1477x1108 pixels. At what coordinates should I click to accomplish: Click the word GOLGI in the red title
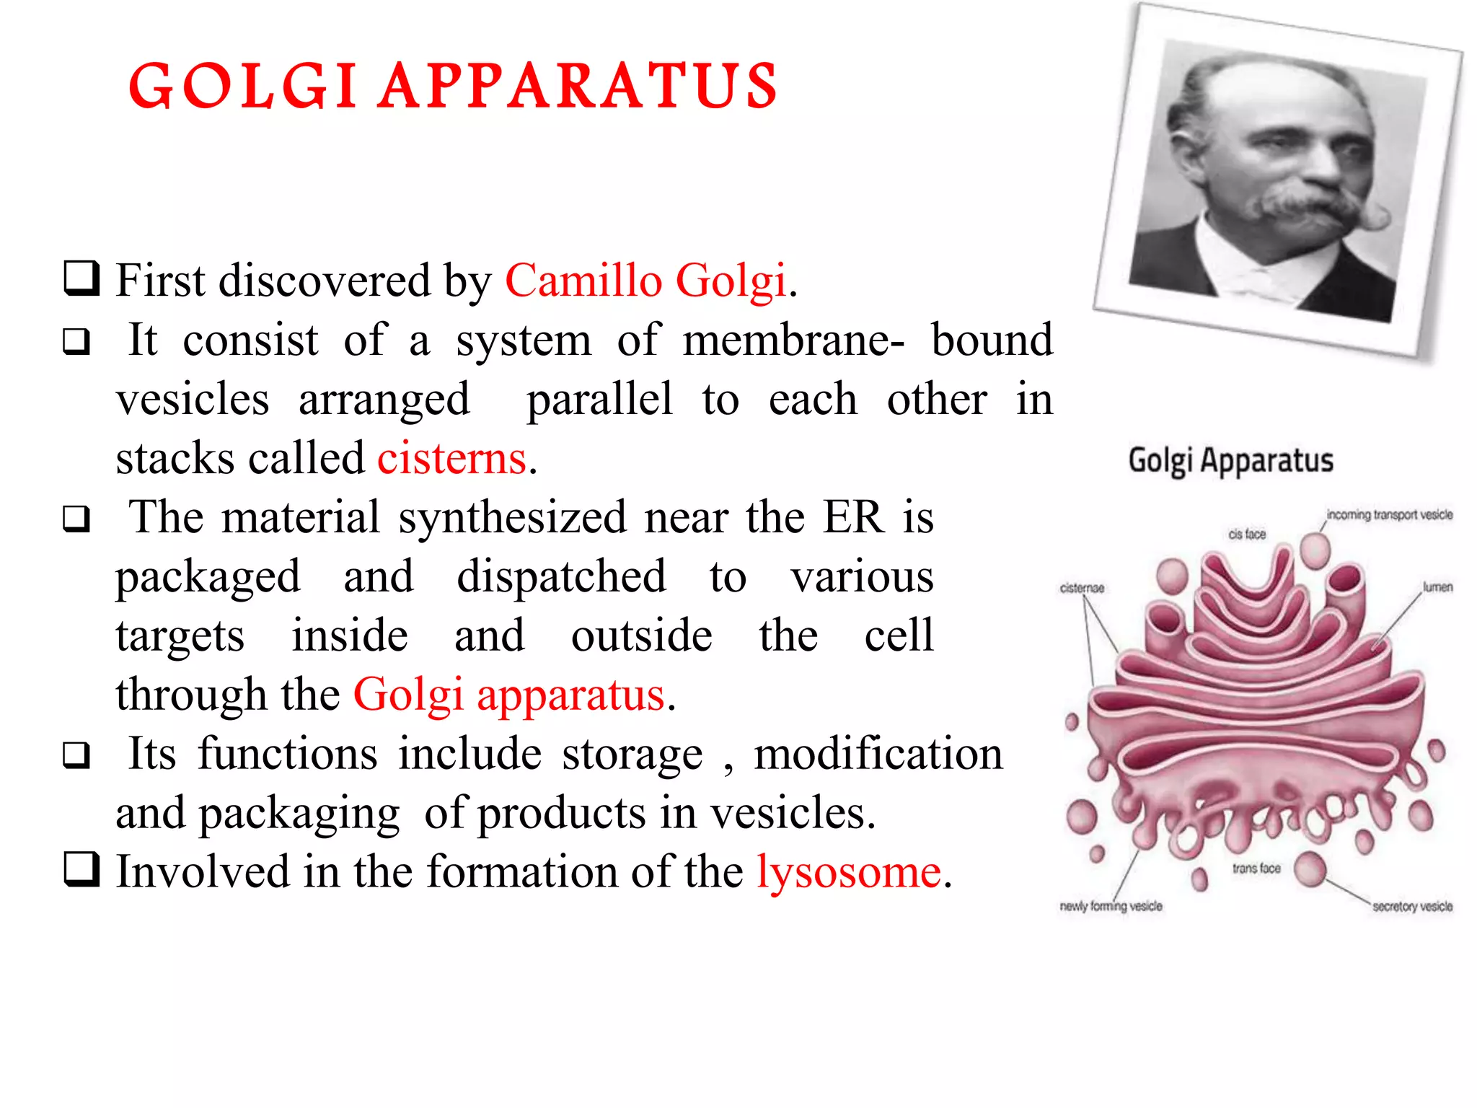tap(242, 87)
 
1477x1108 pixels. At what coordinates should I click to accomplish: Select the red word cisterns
tap(451, 458)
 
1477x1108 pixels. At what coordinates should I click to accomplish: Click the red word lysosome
tap(849, 871)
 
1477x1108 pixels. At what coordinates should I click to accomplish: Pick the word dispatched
tap(561, 577)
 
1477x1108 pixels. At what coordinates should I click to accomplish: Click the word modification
tap(878, 754)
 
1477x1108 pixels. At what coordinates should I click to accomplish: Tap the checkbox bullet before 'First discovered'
tap(81, 279)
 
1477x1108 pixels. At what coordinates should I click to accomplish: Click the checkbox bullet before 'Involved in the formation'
tap(81, 869)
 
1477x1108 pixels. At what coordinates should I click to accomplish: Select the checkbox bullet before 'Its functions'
tap(76, 755)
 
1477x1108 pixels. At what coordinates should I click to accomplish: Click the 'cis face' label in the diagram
tap(1247, 535)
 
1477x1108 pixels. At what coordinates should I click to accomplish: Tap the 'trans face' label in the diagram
tap(1256, 869)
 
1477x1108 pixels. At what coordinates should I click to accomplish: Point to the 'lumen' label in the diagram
tap(1437, 587)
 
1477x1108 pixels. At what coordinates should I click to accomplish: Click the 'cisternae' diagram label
tap(1082, 588)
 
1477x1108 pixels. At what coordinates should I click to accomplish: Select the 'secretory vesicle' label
tap(1412, 907)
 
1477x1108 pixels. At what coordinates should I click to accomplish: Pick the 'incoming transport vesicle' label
tap(1389, 514)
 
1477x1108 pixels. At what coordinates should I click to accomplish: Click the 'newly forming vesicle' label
tap(1111, 906)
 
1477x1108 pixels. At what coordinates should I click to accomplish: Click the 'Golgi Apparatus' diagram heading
tap(1230, 460)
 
